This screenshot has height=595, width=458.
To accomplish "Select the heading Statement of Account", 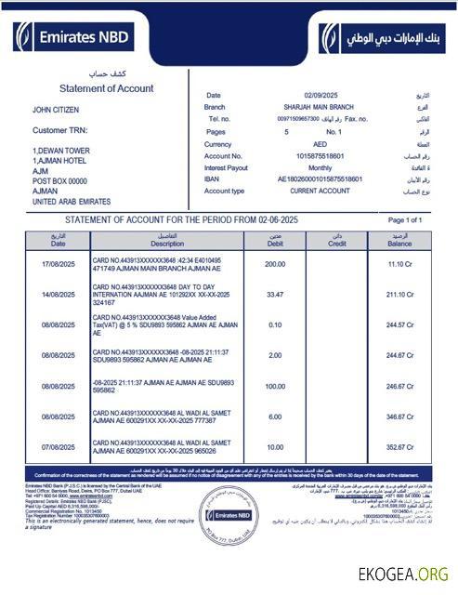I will (106, 87).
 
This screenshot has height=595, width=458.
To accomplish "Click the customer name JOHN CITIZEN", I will (59, 110).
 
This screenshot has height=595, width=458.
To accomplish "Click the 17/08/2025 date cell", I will (58, 265).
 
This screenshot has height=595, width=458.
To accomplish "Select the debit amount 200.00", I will (275, 264).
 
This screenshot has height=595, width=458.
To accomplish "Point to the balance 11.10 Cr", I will (400, 265).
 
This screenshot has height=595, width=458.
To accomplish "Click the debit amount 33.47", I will (275, 295).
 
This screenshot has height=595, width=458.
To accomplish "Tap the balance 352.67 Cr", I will (400, 446).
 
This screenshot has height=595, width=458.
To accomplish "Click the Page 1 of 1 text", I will (404, 219).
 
